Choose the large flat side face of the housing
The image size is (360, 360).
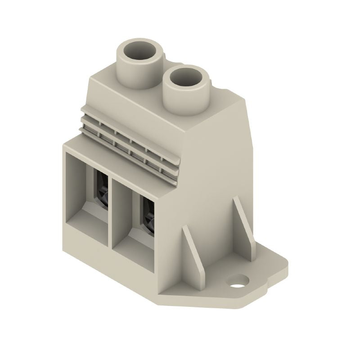pyautogui.click(x=216, y=171)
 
